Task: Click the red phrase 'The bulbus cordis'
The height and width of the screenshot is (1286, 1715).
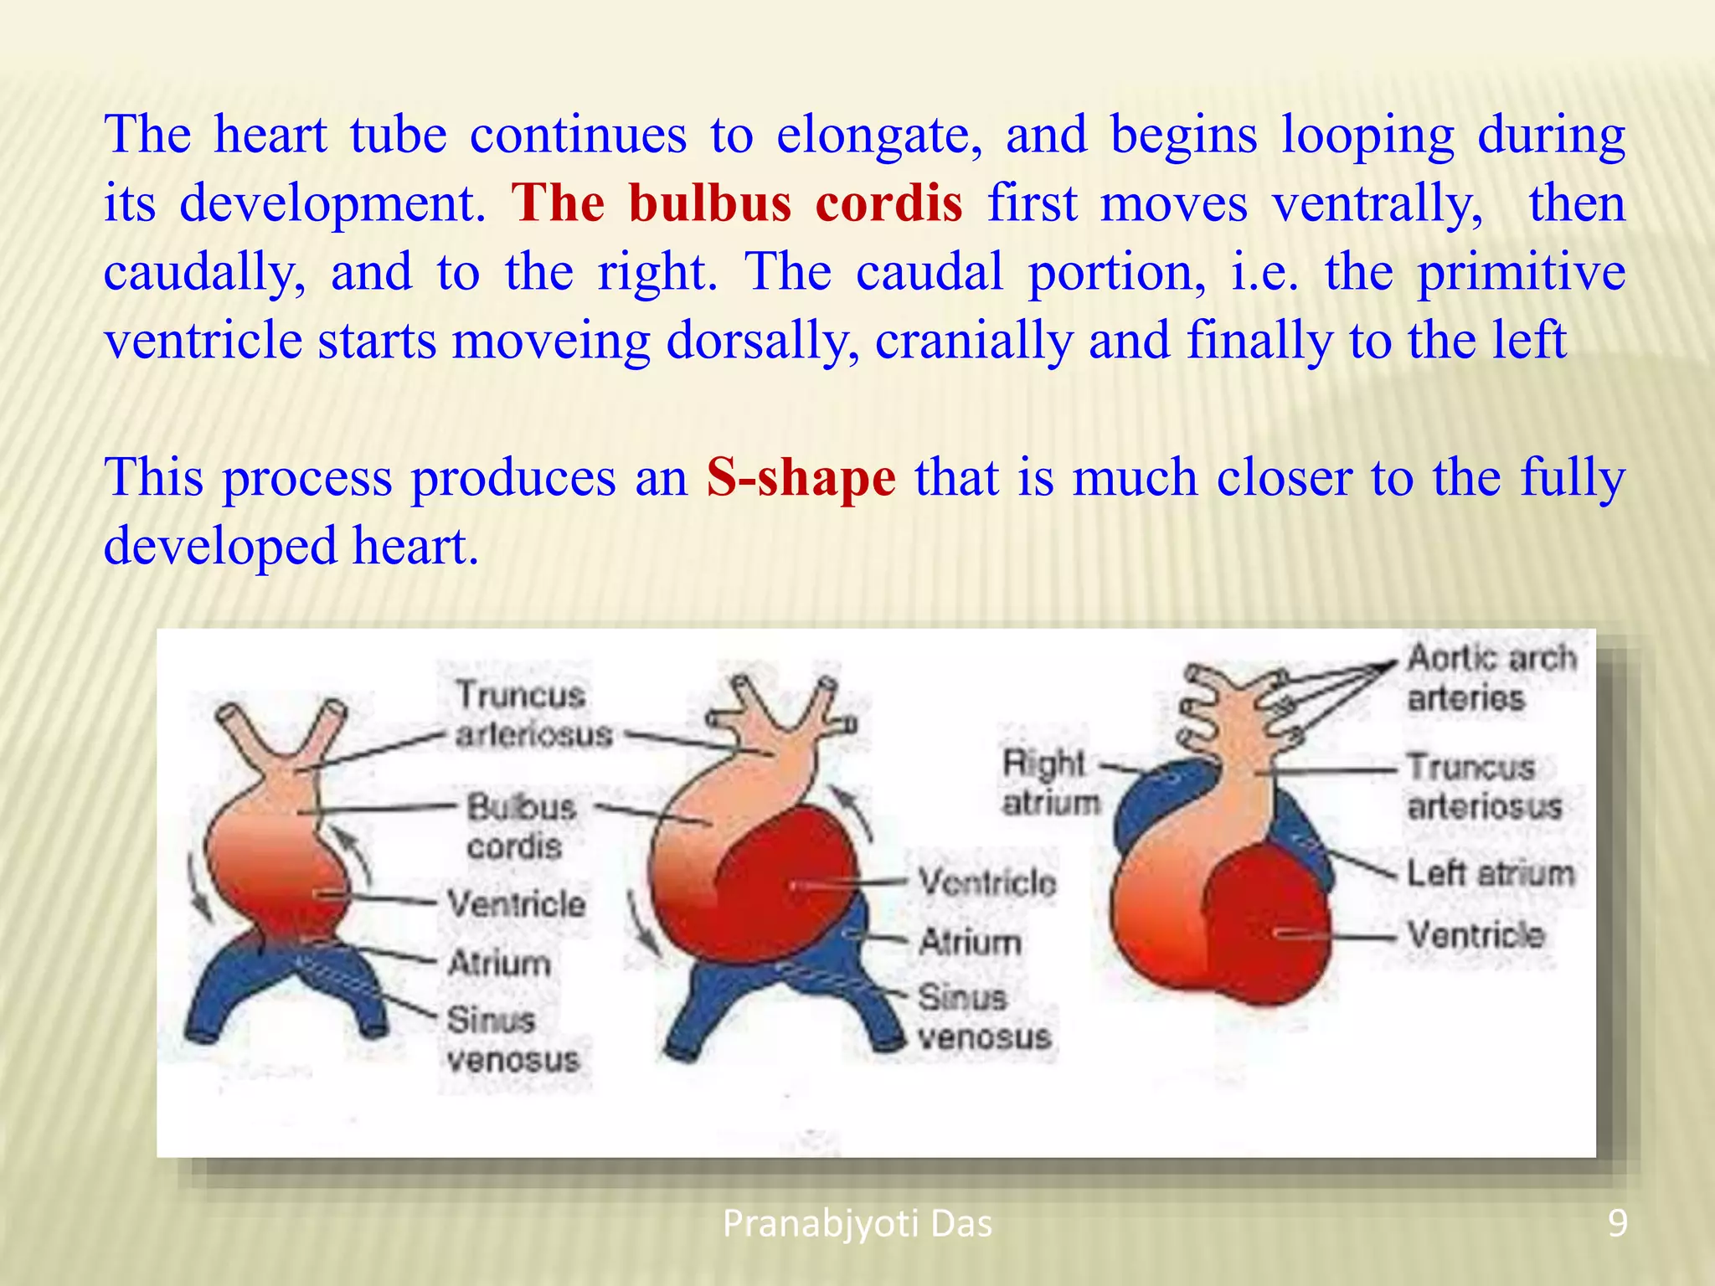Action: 737,203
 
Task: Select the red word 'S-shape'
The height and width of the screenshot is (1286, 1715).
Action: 801,478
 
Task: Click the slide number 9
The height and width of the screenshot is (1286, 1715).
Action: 1617,1223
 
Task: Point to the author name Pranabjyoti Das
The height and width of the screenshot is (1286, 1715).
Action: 857,1224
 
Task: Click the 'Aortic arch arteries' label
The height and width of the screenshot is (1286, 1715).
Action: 1491,677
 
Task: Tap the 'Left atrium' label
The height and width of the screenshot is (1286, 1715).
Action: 1490,873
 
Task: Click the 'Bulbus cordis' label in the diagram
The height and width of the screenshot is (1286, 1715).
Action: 521,826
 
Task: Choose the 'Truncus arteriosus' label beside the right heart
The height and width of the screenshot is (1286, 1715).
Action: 1483,787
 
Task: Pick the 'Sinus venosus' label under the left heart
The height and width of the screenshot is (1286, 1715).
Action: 512,1040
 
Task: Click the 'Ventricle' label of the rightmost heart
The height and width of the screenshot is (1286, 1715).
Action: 1476,935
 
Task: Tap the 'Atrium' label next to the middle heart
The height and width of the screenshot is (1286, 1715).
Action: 970,943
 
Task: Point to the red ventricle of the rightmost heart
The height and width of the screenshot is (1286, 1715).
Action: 1264,929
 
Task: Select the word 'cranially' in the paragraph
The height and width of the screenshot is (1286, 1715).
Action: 973,342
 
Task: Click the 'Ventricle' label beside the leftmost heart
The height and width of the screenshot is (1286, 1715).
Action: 516,904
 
